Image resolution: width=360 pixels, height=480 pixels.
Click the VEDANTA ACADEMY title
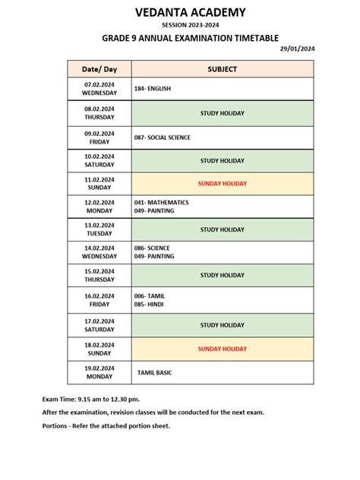pos(180,12)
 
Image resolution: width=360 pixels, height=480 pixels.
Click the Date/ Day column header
pos(99,69)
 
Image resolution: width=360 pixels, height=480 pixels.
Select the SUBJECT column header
pos(223,69)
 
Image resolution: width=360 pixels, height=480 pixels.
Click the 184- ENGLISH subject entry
pos(153,89)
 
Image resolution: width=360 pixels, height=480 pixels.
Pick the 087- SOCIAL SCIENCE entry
pos(162,137)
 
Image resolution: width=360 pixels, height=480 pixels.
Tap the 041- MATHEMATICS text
pos(162,203)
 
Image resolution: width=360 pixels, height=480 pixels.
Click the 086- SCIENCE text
pos(152,248)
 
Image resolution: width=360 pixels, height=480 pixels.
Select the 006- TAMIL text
pos(150,295)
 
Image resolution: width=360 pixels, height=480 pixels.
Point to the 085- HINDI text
pos(149,305)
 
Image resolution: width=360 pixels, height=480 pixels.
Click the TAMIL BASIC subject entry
pos(156,373)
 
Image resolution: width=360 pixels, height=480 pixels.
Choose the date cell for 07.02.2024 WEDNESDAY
pos(99,89)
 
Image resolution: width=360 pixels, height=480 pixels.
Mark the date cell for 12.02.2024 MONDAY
pos(99,207)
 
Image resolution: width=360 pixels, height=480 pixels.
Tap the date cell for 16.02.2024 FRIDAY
pos(99,300)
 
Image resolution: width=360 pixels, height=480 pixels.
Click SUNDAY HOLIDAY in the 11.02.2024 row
pos(223,184)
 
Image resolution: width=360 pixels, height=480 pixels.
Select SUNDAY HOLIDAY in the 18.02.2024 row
pos(223,349)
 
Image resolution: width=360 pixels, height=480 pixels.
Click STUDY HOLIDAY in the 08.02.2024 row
pos(223,113)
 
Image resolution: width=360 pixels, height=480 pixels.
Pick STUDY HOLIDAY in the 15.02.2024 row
pos(223,276)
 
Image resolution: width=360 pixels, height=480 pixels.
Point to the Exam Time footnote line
pos(91,399)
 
